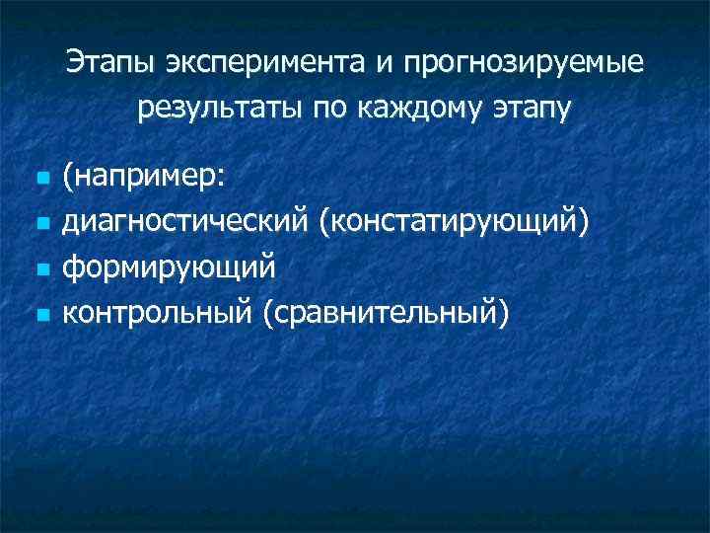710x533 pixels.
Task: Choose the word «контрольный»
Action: pyautogui.click(x=158, y=314)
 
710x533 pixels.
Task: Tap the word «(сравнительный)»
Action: pyautogui.click(x=387, y=315)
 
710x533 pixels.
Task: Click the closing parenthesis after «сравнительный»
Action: pyautogui.click(x=506, y=315)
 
